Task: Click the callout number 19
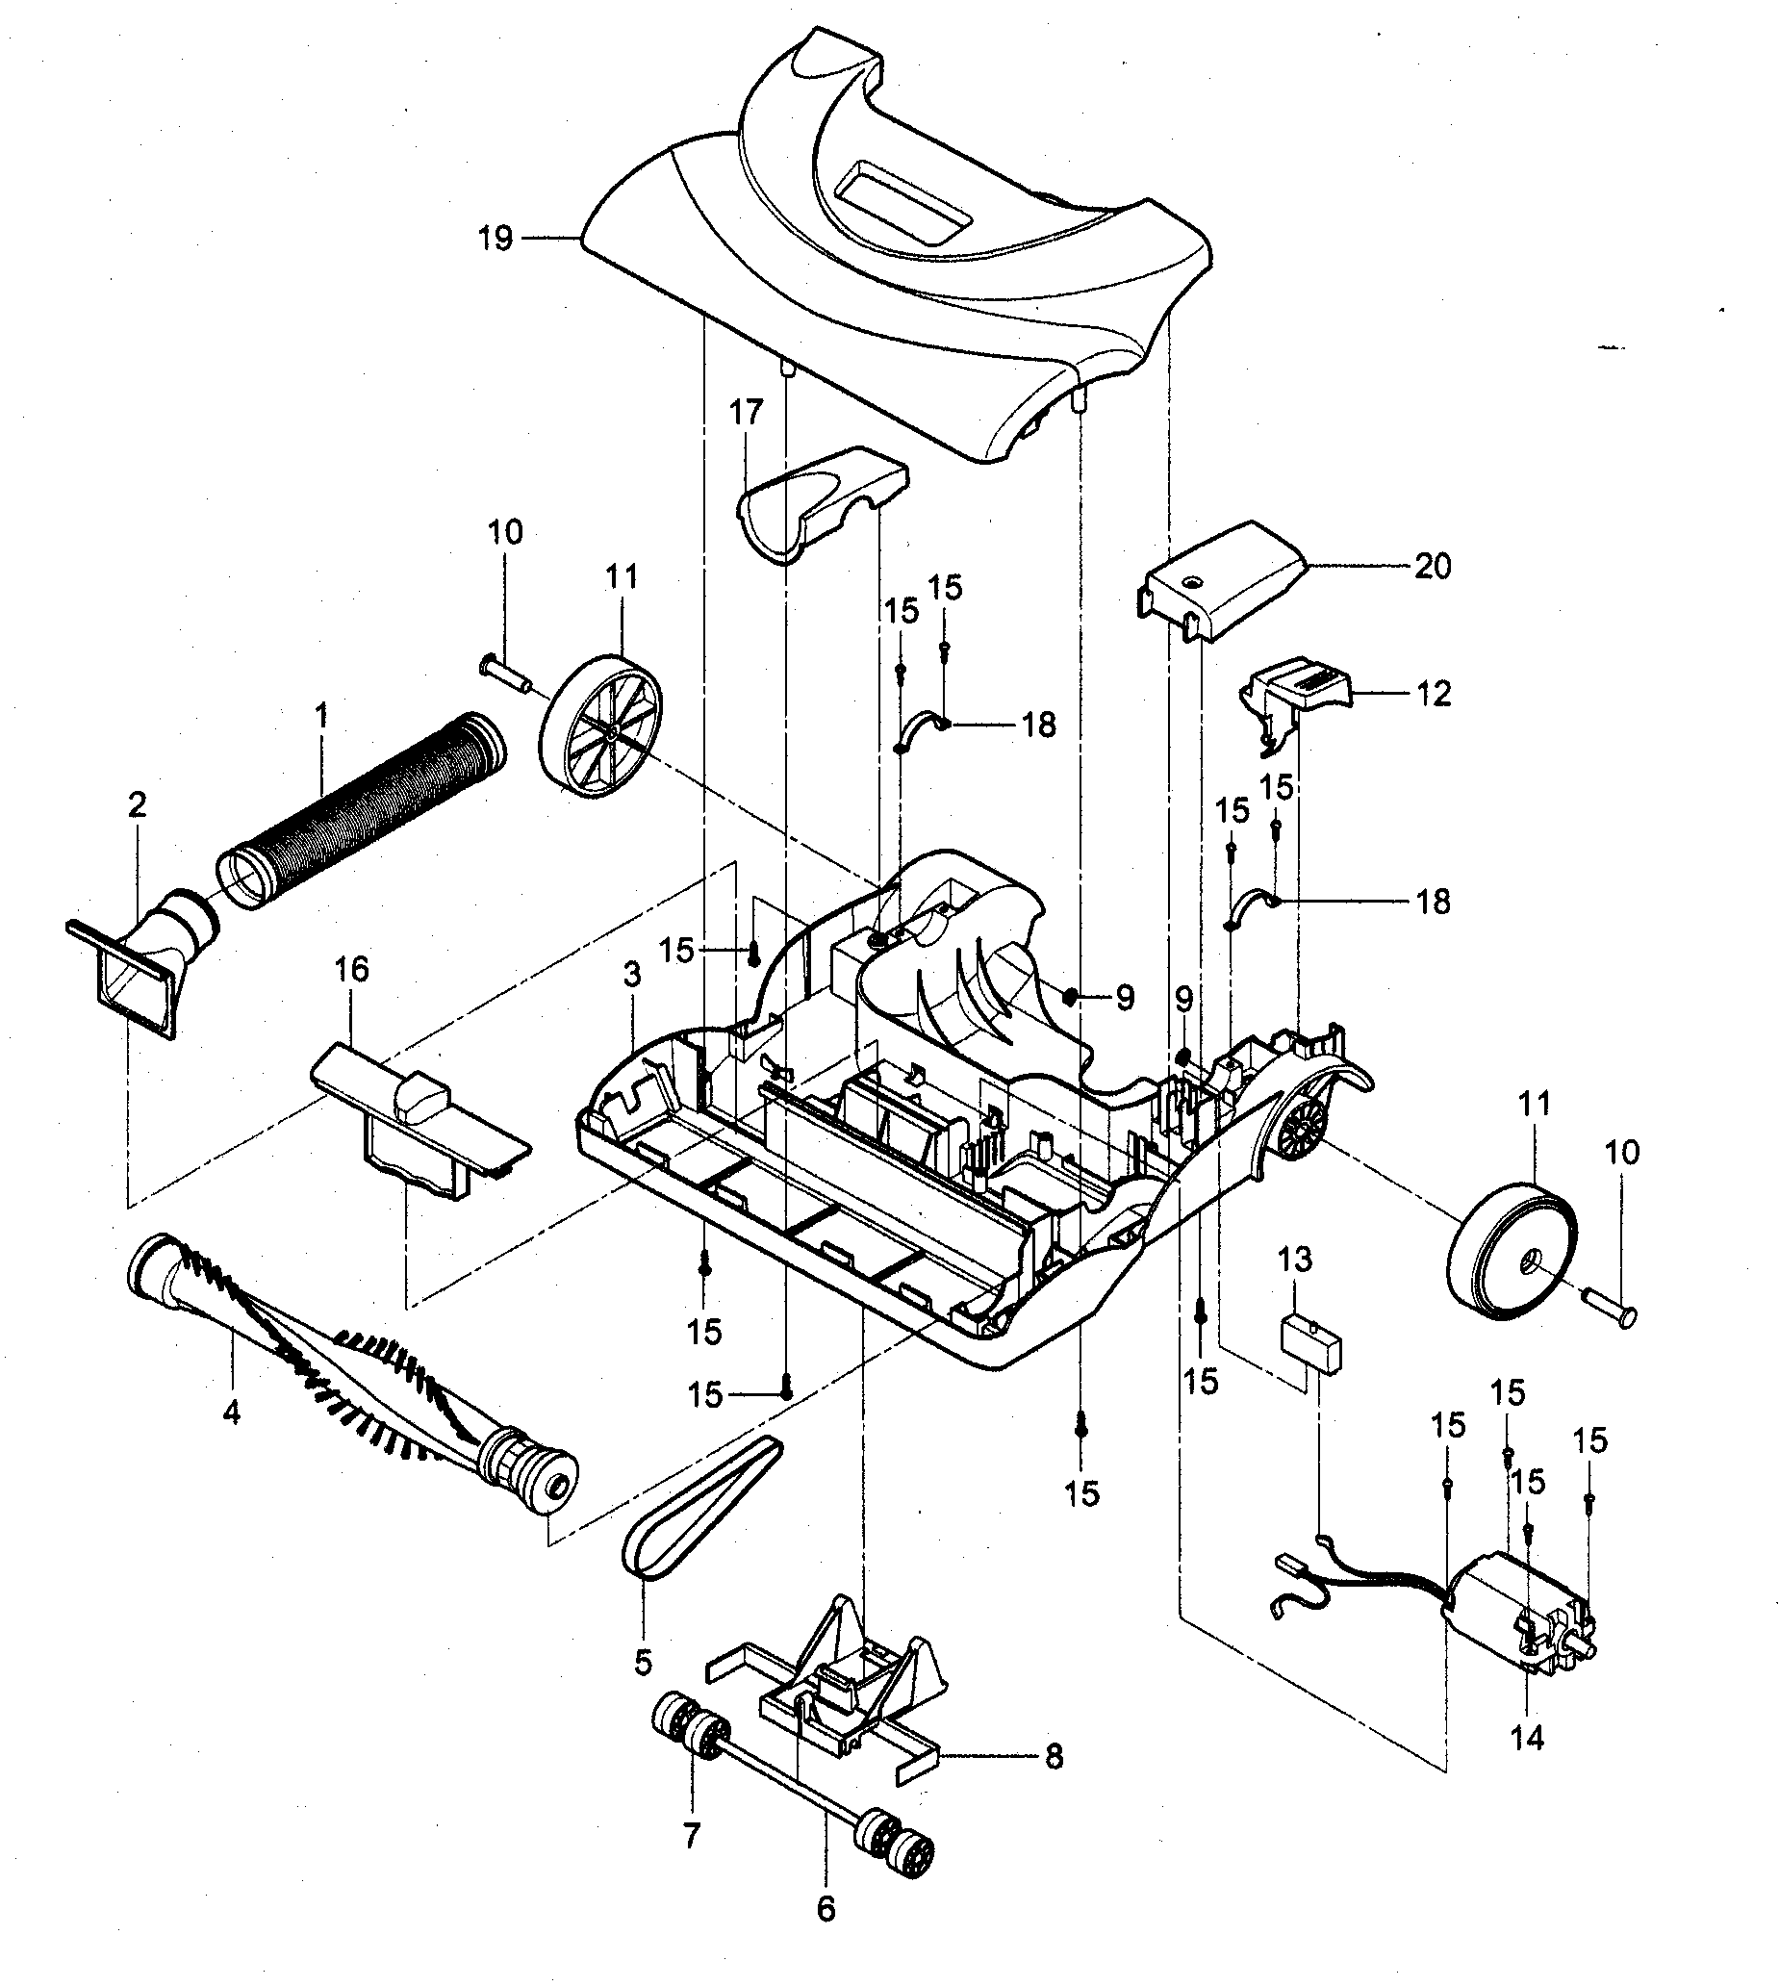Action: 496,239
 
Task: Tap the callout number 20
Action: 1432,566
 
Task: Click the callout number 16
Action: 352,970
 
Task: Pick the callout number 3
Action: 632,975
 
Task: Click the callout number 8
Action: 1053,1756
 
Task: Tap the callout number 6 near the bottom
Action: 826,1909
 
